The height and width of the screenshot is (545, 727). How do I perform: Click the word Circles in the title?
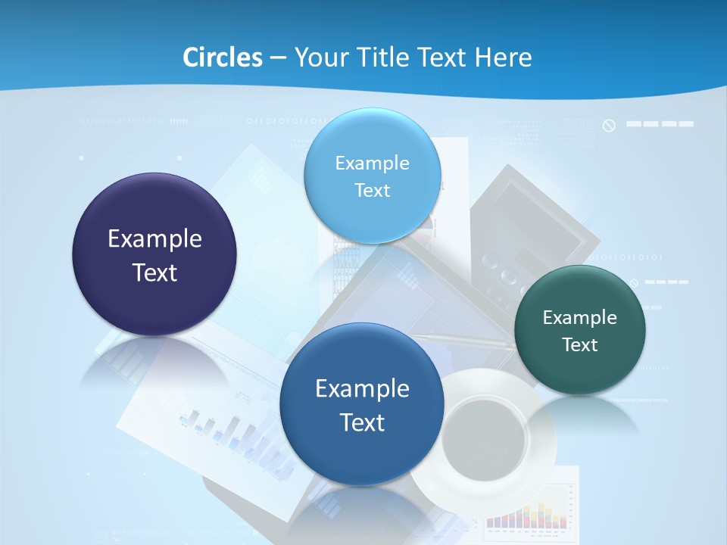pos(222,57)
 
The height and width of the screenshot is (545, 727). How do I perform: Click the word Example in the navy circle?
pos(154,238)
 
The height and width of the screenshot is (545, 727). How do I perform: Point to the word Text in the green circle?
pos(580,345)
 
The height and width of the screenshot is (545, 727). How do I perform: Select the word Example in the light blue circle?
pos(372,163)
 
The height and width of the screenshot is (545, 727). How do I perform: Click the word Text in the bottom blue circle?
pos(362,422)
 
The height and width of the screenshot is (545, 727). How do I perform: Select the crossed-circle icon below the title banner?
pos(609,125)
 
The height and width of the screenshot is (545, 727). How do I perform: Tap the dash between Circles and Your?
pos(277,58)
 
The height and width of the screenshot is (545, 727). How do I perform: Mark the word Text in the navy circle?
pos(154,272)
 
